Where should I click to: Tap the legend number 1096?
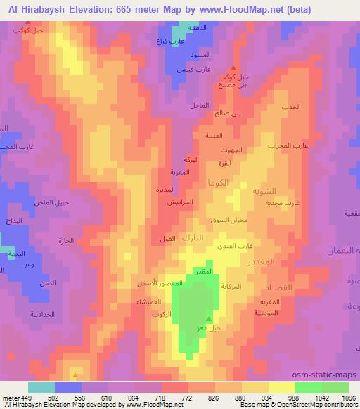(x=349, y=397)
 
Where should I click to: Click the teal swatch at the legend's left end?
(x=41, y=387)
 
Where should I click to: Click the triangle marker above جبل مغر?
(x=198, y=318)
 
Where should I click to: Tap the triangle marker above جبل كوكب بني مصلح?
(x=233, y=67)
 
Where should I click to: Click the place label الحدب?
(x=292, y=107)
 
